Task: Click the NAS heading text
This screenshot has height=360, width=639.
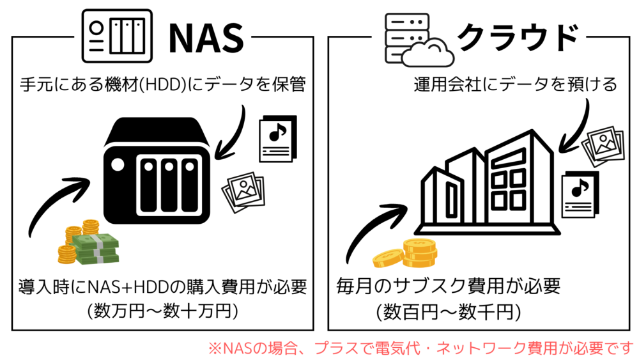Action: point(206,38)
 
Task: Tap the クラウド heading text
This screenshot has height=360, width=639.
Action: point(518,37)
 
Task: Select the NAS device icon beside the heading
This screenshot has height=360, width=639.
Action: point(117,36)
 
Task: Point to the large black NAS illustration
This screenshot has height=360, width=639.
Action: point(157,171)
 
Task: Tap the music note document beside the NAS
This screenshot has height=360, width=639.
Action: point(278,139)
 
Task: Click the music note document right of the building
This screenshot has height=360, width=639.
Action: point(580,194)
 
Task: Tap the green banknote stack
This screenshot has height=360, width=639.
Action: point(95,248)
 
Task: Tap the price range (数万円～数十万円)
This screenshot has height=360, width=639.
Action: point(162,311)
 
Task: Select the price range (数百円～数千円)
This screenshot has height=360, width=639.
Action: point(449,312)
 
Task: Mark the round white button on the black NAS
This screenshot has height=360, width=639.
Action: point(118,165)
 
